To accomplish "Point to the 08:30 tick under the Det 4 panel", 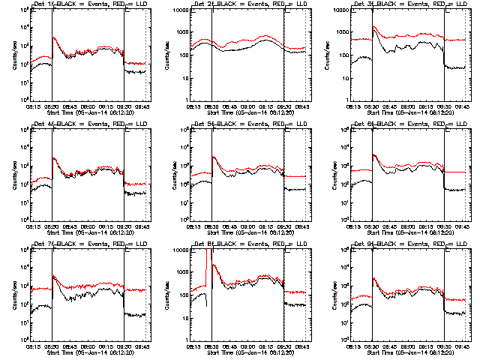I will [52, 227].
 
